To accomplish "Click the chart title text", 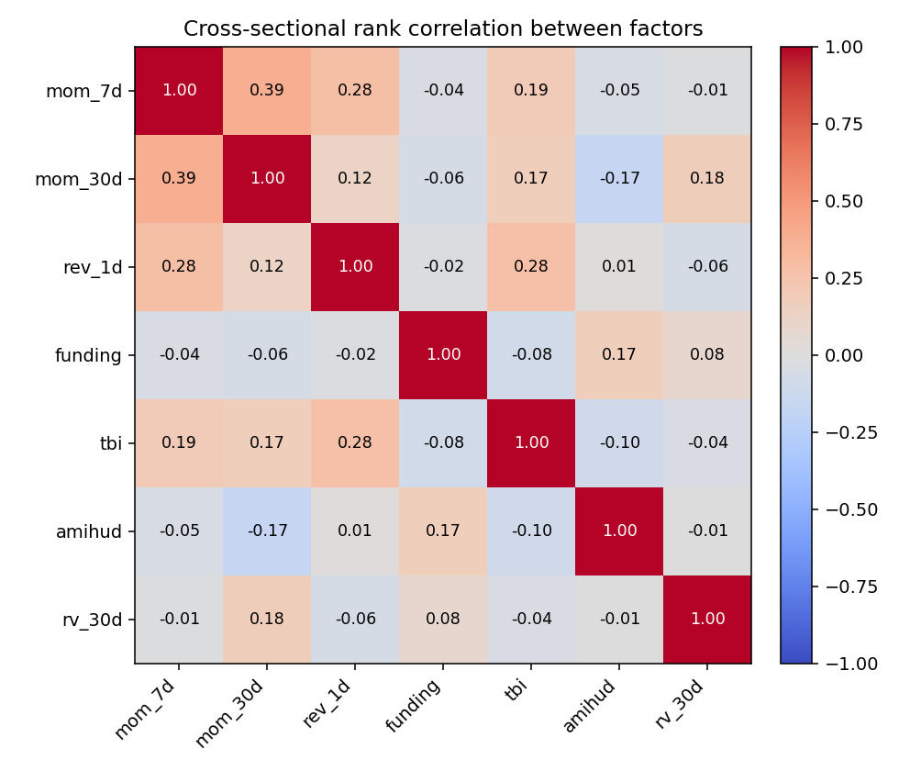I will pyautogui.click(x=443, y=29).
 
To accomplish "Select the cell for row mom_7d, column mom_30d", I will pyautogui.click(x=267, y=90).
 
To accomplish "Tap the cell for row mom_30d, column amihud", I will pyautogui.click(x=619, y=178).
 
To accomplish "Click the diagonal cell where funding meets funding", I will pyautogui.click(x=443, y=354).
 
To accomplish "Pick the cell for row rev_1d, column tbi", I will pyautogui.click(x=531, y=266).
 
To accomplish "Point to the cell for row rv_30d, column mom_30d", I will pyautogui.click(x=267, y=619).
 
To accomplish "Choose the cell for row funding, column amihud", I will pyautogui.click(x=619, y=354).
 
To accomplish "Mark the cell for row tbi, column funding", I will pyautogui.click(x=443, y=442).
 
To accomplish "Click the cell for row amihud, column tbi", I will pyautogui.click(x=531, y=531).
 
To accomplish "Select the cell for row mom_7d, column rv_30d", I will pyautogui.click(x=707, y=90).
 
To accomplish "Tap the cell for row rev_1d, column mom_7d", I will pyautogui.click(x=179, y=266).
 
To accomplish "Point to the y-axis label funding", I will pyautogui.click(x=90, y=355).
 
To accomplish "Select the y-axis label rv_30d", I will pyautogui.click(x=92, y=620).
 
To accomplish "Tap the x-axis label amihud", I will pyautogui.click(x=590, y=707).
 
